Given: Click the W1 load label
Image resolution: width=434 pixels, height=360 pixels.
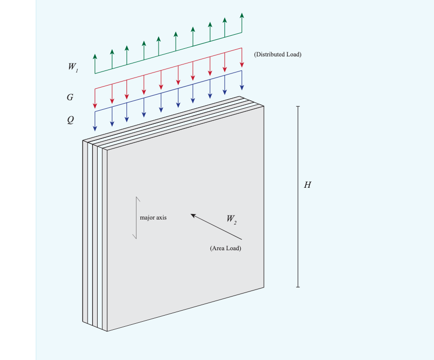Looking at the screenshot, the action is click(73, 66).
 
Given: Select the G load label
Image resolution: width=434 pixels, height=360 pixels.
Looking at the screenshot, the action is click(70, 97).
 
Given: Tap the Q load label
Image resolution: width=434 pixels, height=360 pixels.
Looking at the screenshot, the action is click(70, 120).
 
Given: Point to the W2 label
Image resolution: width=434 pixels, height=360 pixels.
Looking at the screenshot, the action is click(231, 220).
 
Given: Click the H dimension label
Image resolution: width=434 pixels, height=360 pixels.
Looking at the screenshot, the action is click(308, 185).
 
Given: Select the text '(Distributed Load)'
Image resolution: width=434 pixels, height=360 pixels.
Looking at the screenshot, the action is click(277, 54).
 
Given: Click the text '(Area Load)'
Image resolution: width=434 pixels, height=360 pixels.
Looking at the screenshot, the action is click(226, 248).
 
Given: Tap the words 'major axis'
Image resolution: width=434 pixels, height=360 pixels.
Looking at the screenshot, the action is click(153, 218).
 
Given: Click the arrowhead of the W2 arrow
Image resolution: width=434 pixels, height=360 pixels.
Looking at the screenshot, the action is click(193, 215).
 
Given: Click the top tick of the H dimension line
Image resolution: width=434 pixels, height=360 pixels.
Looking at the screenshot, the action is click(298, 107).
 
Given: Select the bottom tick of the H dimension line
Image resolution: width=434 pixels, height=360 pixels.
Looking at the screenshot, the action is click(298, 287).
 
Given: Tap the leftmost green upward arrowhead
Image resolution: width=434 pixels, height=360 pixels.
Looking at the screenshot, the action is click(95, 56).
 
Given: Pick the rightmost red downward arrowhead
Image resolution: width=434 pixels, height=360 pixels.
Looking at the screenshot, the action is click(242, 64).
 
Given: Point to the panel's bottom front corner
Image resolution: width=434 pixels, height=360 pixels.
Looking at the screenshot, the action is click(107, 331).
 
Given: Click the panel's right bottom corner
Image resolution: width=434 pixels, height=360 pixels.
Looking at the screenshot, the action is click(264, 287).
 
